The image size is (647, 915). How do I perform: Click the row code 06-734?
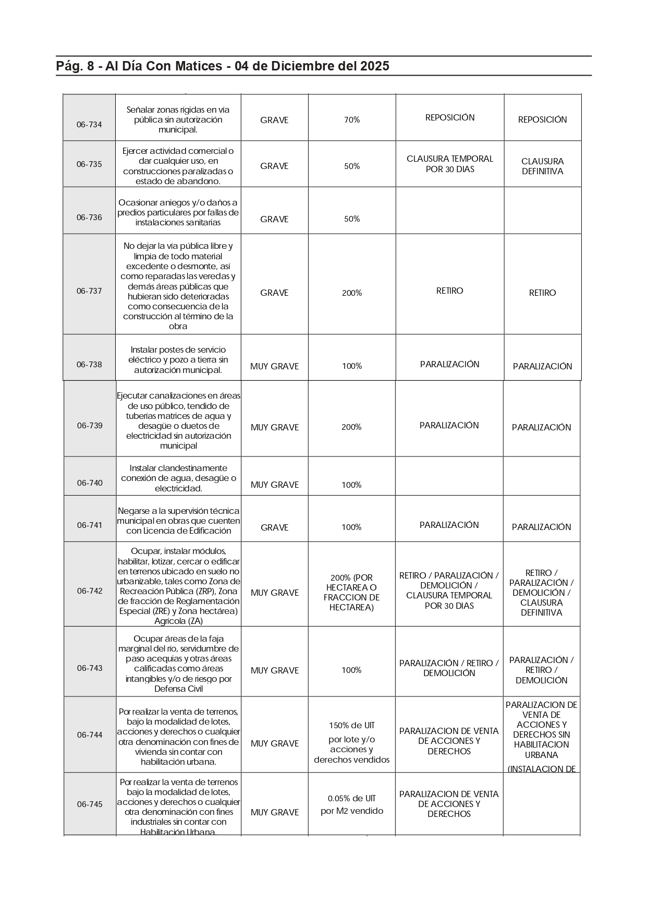coord(89,125)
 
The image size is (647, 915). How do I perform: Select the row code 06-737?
coord(89,291)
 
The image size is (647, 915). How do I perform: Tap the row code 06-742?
coord(90,591)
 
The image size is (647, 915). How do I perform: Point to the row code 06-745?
coord(90,804)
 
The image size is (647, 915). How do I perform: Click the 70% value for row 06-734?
coord(352,120)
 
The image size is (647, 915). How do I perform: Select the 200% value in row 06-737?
coord(352,293)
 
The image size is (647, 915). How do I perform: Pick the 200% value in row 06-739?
coord(351,427)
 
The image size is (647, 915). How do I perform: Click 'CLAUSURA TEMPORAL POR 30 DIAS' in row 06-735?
coord(450,164)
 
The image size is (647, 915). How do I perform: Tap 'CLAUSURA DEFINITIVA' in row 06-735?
coord(542,166)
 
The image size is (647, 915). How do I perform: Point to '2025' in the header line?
coord(374,66)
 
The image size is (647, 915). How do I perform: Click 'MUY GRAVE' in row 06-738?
coord(274,366)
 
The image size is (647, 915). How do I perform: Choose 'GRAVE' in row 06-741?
coord(274,527)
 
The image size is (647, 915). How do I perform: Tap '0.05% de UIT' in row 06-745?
coord(352,799)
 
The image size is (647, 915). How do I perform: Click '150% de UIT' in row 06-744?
coord(352,726)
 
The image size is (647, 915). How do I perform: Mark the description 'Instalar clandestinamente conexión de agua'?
coord(178,478)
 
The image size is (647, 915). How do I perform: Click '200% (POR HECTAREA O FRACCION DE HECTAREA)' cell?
coord(352,593)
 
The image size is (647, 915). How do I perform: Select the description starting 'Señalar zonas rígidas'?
coord(178,119)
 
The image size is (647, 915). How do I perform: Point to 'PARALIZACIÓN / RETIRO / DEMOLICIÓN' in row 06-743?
coord(449,668)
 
